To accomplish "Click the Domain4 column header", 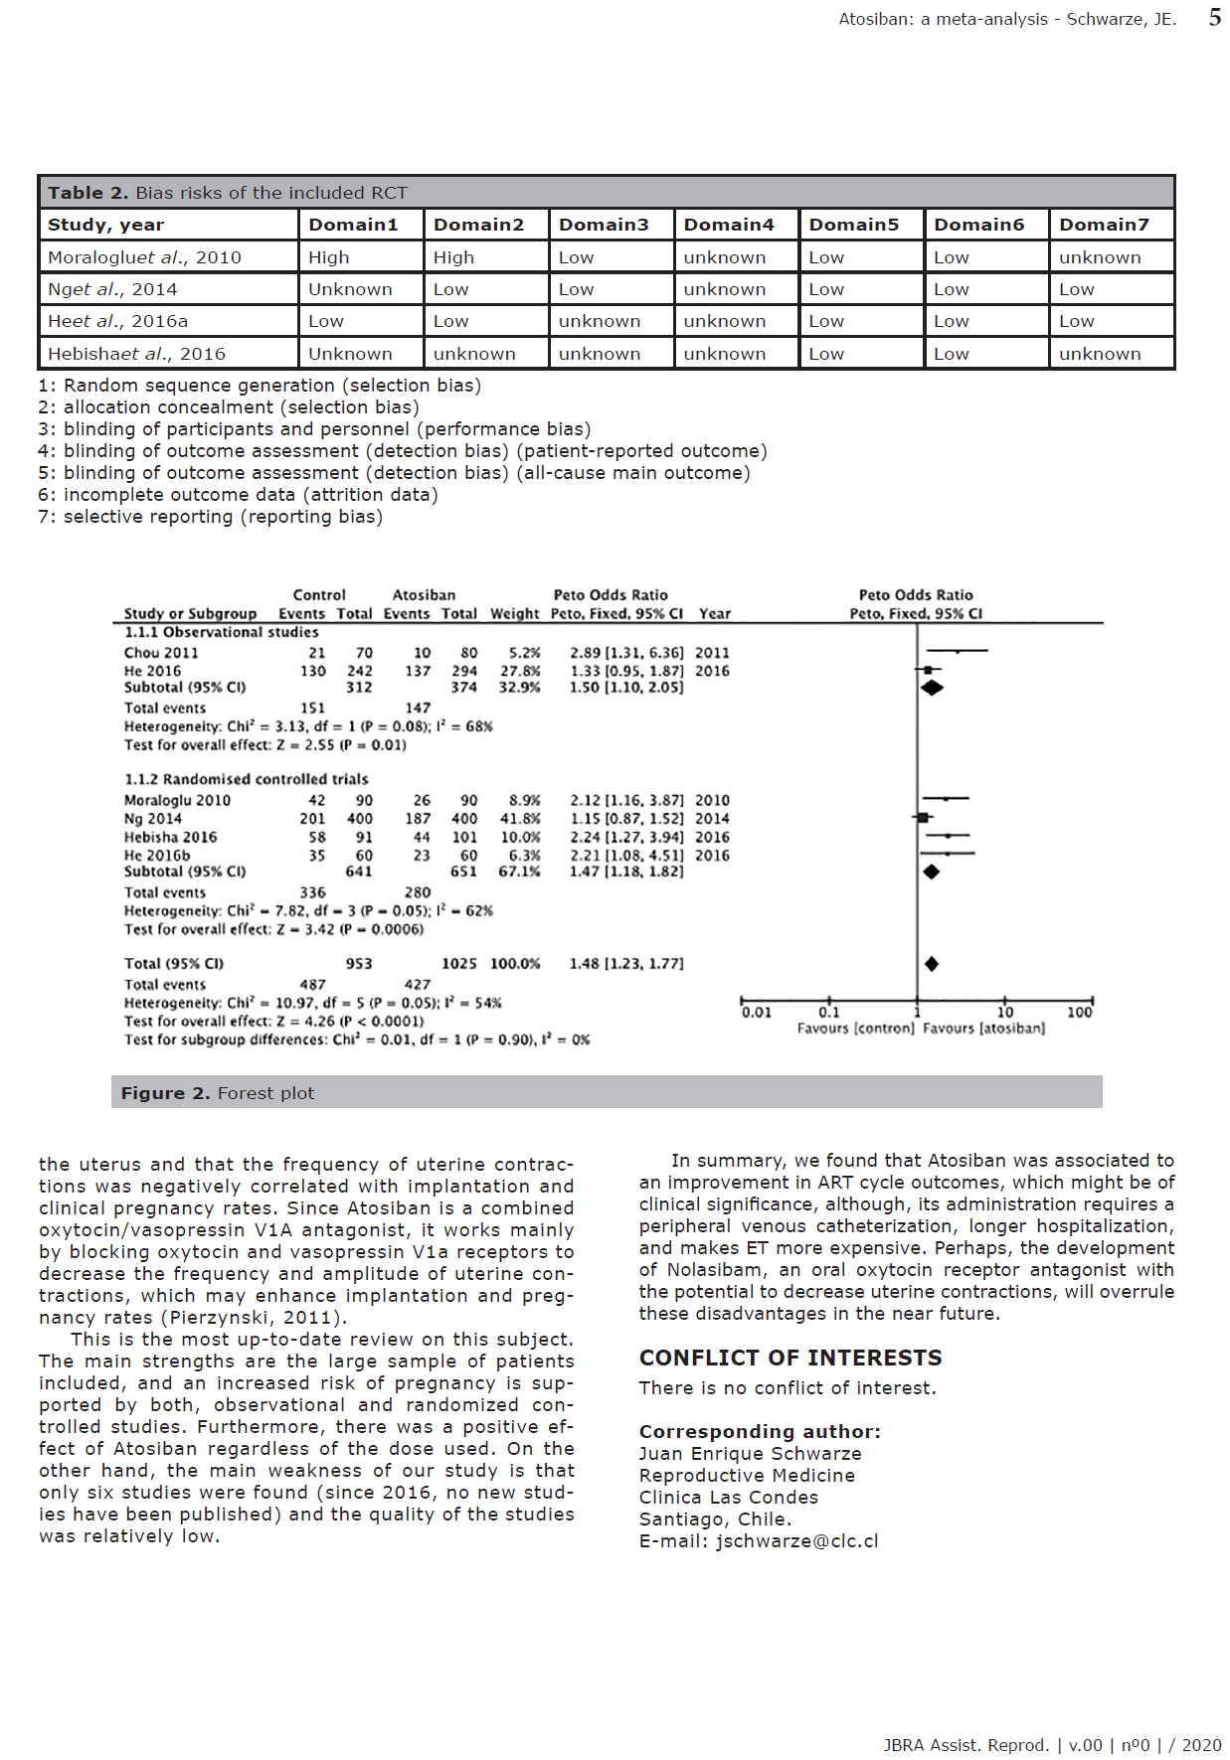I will pos(728,225).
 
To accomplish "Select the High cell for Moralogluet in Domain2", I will pos(453,257).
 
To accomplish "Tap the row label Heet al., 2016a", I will pos(117,321).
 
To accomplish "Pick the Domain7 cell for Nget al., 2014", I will pos(1076,289).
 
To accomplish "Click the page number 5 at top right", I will pos(1214,17).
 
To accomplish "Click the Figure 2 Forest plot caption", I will pos(218,1093).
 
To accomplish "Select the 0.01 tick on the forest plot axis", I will pos(756,1013).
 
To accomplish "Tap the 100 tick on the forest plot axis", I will pos(1080,1013).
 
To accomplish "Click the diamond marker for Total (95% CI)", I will pos(932,964).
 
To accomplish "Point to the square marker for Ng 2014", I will pos(923,817).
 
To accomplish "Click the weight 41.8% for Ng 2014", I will pos(520,819).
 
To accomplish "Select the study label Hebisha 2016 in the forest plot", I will pos(170,838).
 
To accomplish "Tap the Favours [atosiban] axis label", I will pos(983,1029).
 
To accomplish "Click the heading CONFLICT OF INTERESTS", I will pos(790,1358).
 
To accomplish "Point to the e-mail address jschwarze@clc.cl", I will pos(796,1541).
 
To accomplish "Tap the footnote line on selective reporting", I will pos(210,517).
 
